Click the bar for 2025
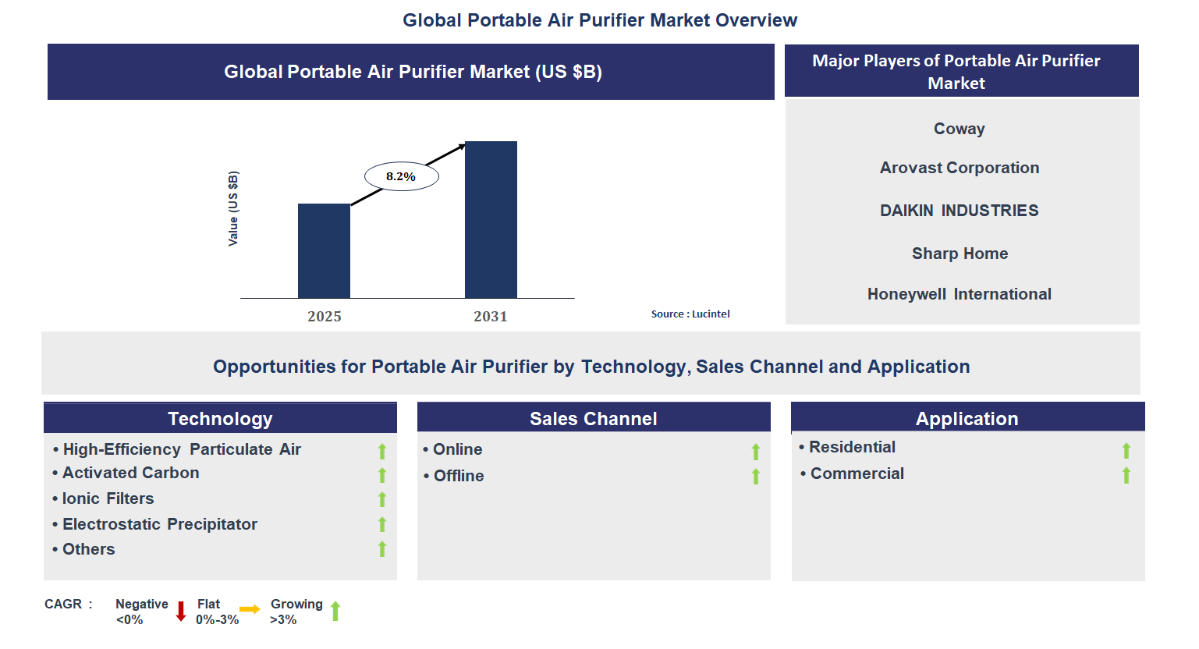(324, 250)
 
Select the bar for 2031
(491, 219)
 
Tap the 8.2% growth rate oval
(401, 176)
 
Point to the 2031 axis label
(490, 316)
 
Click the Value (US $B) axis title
(233, 208)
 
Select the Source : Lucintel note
(690, 314)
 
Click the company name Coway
(959, 129)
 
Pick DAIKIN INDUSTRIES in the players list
(959, 211)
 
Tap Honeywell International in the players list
(959, 294)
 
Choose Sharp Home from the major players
(960, 254)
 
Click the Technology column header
(220, 419)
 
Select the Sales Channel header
(593, 419)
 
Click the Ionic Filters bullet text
(108, 498)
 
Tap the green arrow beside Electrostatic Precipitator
(382, 524)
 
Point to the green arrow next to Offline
(756, 476)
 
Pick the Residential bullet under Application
(852, 447)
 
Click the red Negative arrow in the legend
(181, 611)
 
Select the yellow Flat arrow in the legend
(250, 609)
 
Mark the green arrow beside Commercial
(1126, 475)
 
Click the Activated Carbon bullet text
(130, 473)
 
